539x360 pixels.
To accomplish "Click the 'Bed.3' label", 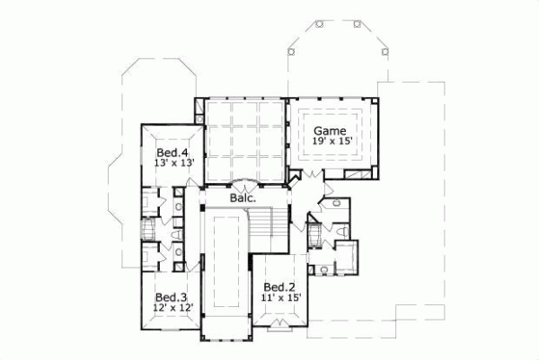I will pyautogui.click(x=171, y=297).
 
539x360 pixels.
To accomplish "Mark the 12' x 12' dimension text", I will pyautogui.click(x=171, y=308).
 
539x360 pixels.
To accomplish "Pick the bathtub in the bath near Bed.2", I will pyautogui.click(x=314, y=237).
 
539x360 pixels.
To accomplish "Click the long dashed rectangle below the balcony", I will pyautogui.click(x=223, y=269).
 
